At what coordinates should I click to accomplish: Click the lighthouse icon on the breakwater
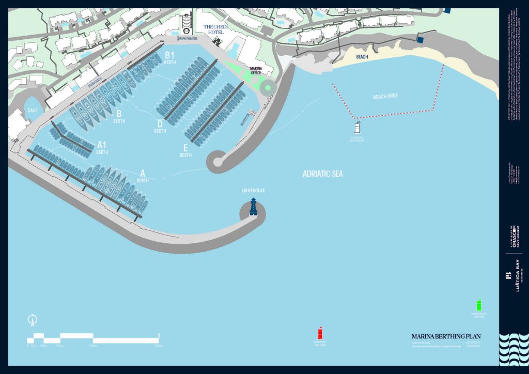click(254, 206)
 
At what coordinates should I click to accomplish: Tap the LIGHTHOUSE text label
click(254, 191)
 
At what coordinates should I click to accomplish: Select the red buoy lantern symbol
click(320, 334)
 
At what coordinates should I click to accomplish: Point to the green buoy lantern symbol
click(478, 305)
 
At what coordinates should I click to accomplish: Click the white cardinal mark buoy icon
click(357, 128)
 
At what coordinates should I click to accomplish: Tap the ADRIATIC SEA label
click(322, 174)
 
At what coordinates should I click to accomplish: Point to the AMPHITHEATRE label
click(187, 38)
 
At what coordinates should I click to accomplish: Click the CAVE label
click(33, 110)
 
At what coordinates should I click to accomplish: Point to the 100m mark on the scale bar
click(93, 346)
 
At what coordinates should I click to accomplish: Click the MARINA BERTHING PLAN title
click(446, 336)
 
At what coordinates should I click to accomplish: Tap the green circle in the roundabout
click(268, 87)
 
